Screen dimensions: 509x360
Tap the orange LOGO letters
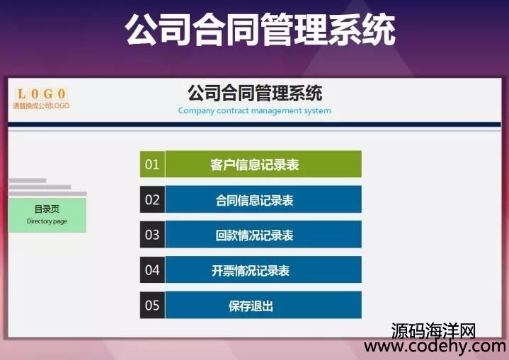(x=41, y=94)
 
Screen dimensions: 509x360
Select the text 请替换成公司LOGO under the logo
(x=41, y=105)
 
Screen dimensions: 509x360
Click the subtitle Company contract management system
(x=255, y=110)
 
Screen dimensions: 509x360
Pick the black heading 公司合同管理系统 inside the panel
(x=255, y=93)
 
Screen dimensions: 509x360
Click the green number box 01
(x=152, y=164)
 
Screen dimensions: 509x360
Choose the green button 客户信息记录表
(x=263, y=164)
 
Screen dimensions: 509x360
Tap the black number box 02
(x=152, y=199)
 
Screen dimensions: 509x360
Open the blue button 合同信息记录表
(x=263, y=199)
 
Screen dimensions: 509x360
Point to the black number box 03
(x=152, y=235)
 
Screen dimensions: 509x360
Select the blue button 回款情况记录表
(x=263, y=235)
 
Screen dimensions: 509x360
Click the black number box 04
(x=152, y=269)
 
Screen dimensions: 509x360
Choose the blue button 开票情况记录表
(x=263, y=269)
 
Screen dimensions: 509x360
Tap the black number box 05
(x=152, y=305)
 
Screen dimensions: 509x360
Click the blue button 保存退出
(x=263, y=305)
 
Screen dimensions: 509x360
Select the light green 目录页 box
(x=47, y=215)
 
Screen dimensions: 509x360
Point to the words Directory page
(x=47, y=221)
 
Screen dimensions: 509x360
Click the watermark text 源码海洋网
(x=433, y=331)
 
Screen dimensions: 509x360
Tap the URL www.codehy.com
(x=435, y=347)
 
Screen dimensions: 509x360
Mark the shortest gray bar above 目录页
(x=28, y=180)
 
